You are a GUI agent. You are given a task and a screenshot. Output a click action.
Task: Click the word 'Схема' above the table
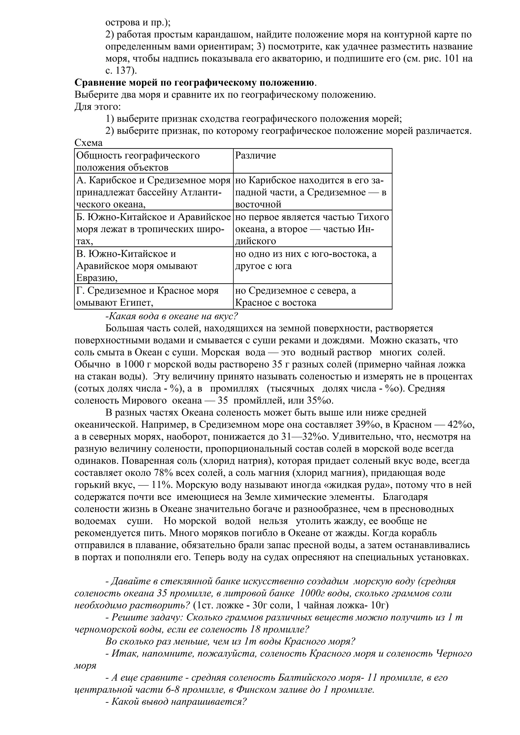[x=88, y=143]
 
